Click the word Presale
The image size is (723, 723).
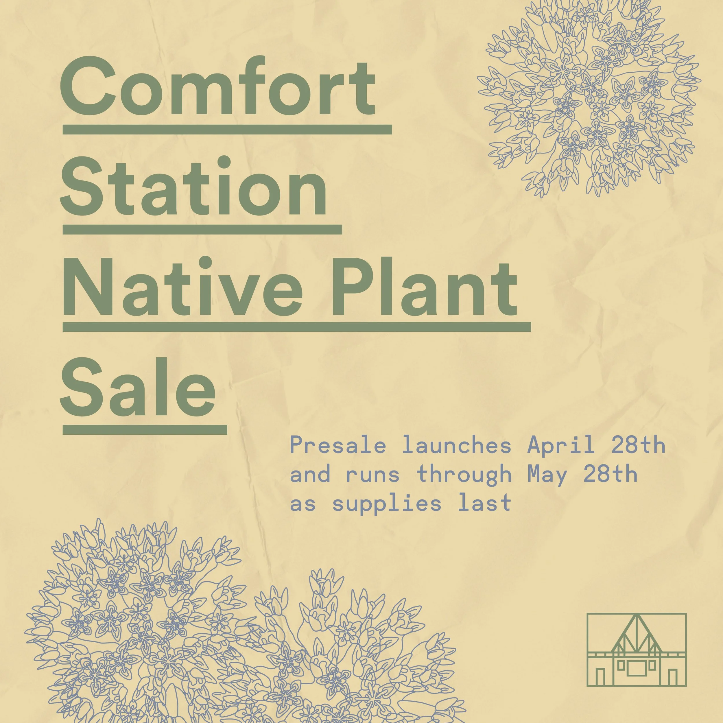[337, 445]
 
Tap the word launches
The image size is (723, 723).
[457, 445]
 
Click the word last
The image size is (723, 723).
[485, 503]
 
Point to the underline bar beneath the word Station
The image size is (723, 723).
[202, 229]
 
